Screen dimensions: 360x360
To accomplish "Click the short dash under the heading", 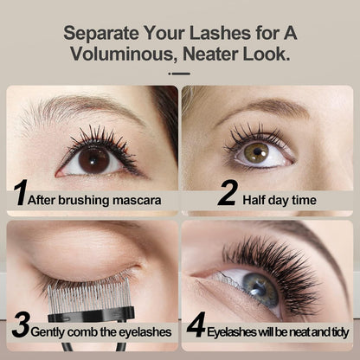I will coord(179,74).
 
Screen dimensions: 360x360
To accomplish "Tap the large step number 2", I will coord(227,192).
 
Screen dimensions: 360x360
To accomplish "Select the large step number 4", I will coord(196,328).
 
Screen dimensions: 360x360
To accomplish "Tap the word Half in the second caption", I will coord(257,199).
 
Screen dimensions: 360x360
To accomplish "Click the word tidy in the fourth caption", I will coord(334,331).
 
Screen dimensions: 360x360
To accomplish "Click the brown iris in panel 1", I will coord(94,159).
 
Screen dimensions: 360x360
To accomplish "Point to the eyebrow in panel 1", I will coord(78,111).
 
